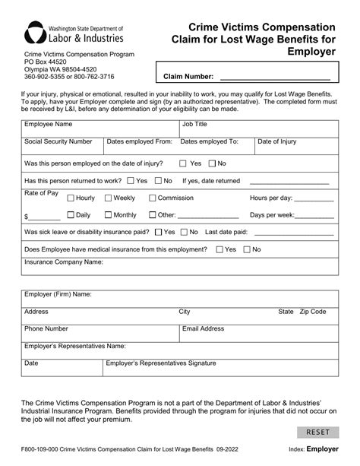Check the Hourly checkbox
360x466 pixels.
point(70,198)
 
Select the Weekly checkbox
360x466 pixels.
point(107,198)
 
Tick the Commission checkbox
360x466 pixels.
point(151,198)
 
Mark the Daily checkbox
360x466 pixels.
point(70,215)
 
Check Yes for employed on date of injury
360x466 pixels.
point(183,163)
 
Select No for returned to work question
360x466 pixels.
point(157,181)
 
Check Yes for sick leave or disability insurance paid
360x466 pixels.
point(157,232)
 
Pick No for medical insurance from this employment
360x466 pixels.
point(246,249)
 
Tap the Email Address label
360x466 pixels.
point(203,329)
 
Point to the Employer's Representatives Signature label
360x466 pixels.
point(161,363)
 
